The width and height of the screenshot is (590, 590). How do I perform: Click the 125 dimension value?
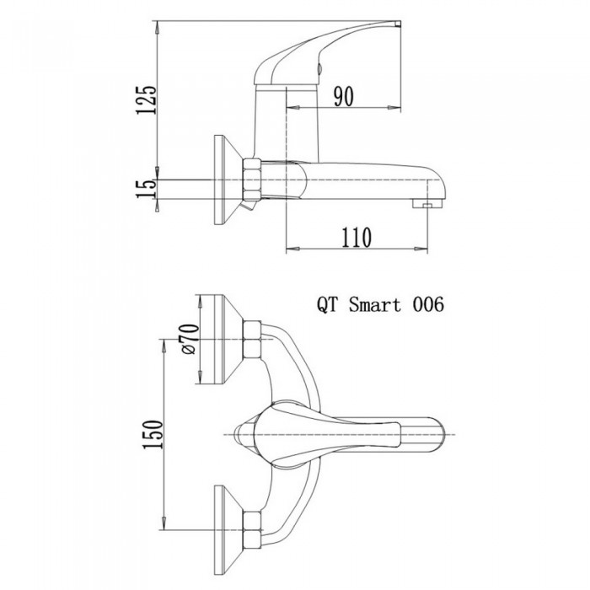pyautogui.click(x=146, y=99)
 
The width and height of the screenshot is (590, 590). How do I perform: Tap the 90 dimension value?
pyautogui.click(x=344, y=96)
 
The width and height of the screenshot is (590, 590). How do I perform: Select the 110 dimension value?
pyautogui.click(x=357, y=238)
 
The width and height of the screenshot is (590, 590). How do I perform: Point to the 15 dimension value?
pyautogui.click(x=146, y=190)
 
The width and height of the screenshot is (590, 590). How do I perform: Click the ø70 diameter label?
pyautogui.click(x=190, y=339)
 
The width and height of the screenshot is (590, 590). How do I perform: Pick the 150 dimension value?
pyautogui.click(x=153, y=434)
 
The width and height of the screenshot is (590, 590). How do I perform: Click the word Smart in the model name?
pyautogui.click(x=375, y=304)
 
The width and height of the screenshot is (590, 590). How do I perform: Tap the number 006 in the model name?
pyautogui.click(x=428, y=304)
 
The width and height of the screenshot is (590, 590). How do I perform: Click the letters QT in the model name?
pyautogui.click(x=327, y=304)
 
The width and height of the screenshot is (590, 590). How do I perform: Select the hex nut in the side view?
pyautogui.click(x=252, y=180)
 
